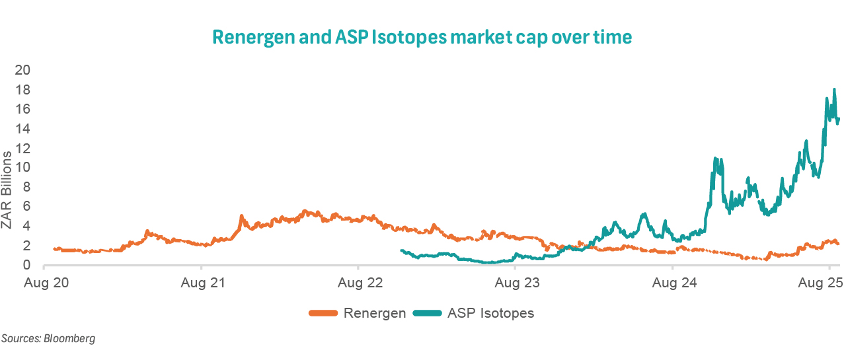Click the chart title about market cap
(x=422, y=38)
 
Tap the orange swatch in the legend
(x=324, y=313)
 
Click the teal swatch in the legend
(x=428, y=313)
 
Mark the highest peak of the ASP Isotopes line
(x=835, y=89)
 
